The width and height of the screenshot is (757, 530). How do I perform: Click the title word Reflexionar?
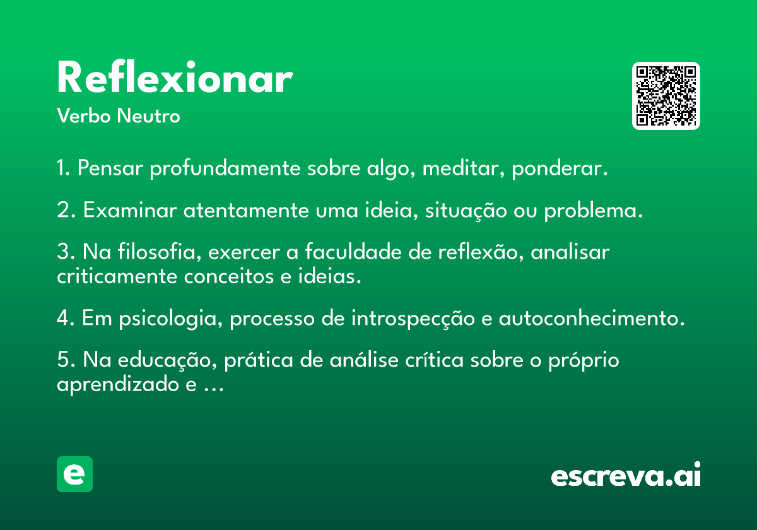175,77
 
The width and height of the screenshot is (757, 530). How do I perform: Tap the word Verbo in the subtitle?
84,116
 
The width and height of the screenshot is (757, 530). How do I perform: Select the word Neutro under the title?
148,116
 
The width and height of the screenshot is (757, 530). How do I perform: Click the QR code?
666,96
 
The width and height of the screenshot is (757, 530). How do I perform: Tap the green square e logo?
74,474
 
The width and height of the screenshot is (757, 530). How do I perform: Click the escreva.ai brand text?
626,474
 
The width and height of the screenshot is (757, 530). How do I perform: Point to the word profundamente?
225,168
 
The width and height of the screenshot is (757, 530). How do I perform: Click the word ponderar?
560,168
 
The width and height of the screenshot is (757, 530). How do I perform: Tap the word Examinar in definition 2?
130,210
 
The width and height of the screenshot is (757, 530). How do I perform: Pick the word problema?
593,211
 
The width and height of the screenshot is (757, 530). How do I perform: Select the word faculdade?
353,252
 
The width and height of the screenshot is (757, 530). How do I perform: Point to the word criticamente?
117,276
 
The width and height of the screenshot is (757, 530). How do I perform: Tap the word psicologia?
171,319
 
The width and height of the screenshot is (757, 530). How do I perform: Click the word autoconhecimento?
592,318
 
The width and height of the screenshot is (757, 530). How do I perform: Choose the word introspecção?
413,319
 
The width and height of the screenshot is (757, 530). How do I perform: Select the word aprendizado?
118,385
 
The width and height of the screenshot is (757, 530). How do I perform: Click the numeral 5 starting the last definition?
63,359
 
